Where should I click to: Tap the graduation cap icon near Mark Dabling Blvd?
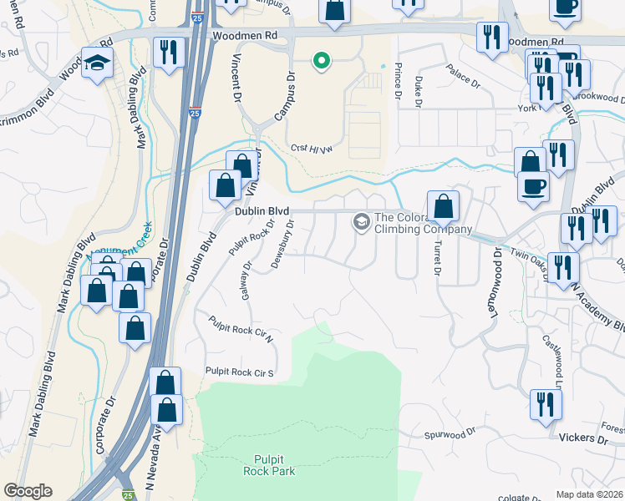click(x=97, y=63)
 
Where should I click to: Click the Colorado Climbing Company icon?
click(x=362, y=221)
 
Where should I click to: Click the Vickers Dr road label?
click(x=590, y=438)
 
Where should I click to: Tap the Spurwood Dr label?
click(x=449, y=433)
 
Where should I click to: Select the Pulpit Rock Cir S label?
click(x=240, y=372)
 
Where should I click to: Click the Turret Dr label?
click(x=436, y=256)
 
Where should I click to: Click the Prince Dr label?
click(x=398, y=83)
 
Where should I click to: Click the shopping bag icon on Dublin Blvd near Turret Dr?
click(x=443, y=205)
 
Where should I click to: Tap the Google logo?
click(x=28, y=491)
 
